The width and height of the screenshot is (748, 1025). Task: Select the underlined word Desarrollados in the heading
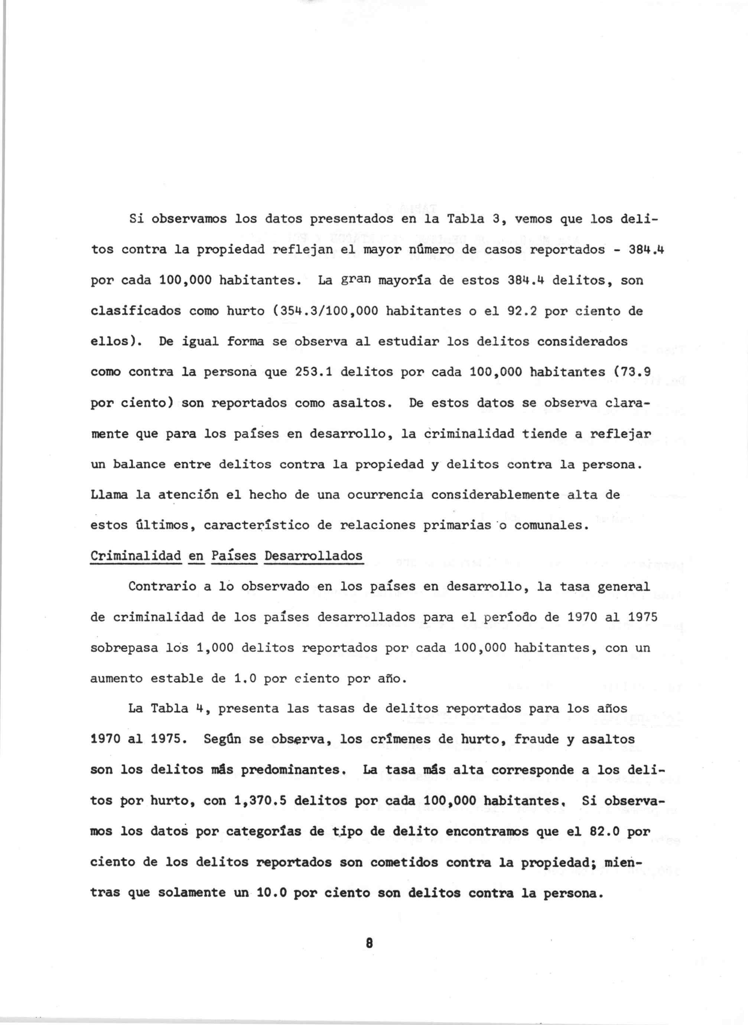pos(313,556)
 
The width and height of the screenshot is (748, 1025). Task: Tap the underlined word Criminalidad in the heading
pos(136,556)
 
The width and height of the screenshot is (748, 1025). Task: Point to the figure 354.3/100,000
pos(326,312)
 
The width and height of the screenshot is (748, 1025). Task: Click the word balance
pos(139,465)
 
